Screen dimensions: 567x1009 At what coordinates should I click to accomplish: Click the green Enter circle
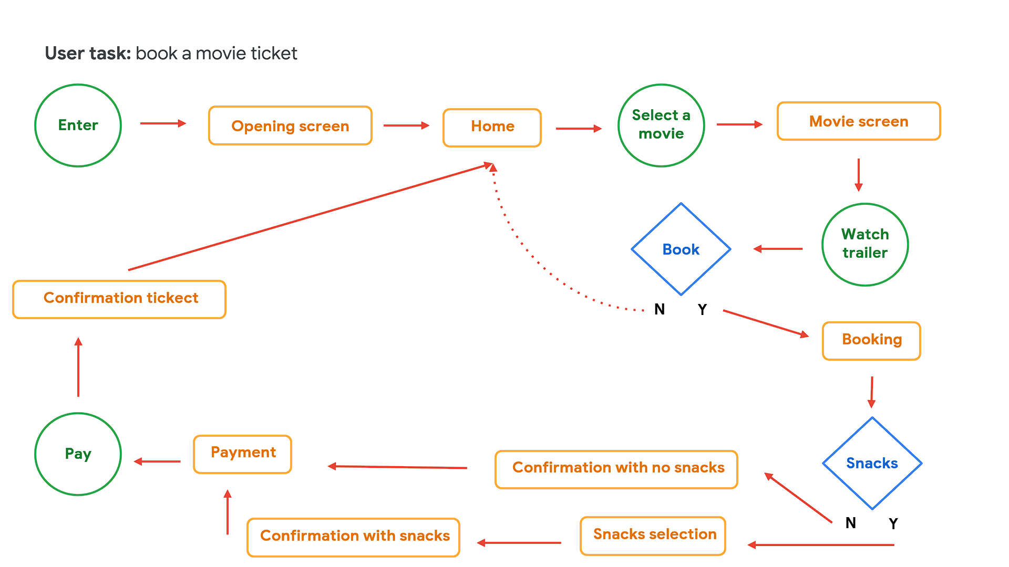coord(78,125)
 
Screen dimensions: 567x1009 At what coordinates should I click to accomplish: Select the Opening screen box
coord(290,126)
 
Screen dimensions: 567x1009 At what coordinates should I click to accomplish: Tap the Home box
coord(492,128)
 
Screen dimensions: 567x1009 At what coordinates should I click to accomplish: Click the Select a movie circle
coord(661,125)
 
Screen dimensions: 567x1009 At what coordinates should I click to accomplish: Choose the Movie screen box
coord(858,121)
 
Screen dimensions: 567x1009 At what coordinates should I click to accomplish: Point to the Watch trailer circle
coord(865,244)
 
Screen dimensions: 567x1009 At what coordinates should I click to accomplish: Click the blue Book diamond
coord(681,249)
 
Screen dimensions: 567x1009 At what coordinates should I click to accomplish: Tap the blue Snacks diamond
coord(872,463)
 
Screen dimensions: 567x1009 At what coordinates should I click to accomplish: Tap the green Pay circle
coord(78,454)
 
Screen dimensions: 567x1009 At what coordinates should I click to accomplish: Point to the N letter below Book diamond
coord(660,310)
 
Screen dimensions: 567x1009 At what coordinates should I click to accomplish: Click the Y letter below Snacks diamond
coord(893,523)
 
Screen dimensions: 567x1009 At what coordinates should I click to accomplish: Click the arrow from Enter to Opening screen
coord(163,123)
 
